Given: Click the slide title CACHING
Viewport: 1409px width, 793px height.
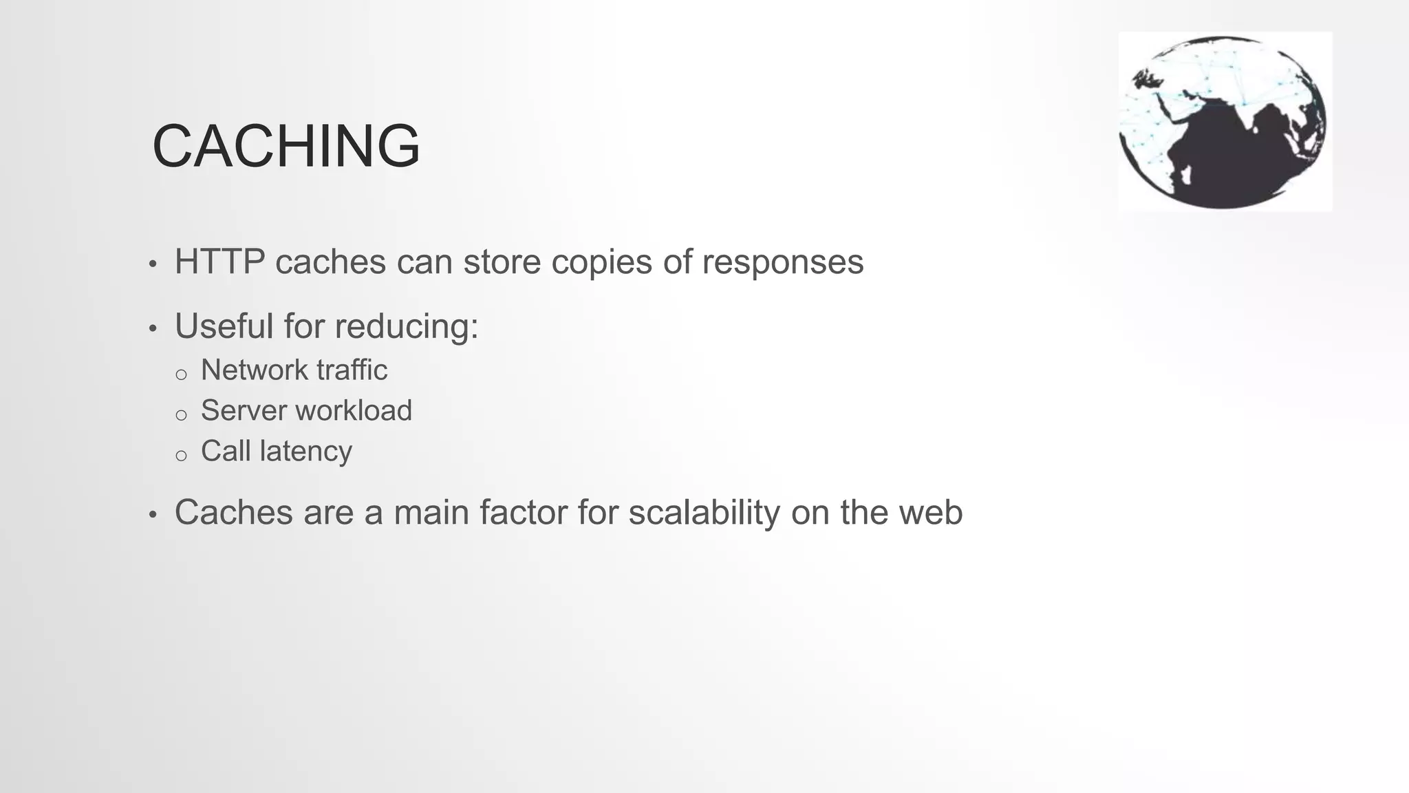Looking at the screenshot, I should coord(286,146).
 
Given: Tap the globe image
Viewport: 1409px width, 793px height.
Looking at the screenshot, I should coord(1224,122).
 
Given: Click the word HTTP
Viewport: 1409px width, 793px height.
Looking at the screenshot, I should coord(219,262).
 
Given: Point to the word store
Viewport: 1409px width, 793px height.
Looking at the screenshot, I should coord(502,262).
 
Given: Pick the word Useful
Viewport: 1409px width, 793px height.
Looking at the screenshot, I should coord(224,326).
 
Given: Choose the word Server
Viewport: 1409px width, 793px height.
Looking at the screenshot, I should coord(244,411).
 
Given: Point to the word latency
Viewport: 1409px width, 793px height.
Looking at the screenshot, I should coord(305,452).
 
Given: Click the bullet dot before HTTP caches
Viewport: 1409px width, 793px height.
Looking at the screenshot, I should coord(153,264).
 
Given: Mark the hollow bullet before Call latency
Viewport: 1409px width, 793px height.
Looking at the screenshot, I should coord(181,456).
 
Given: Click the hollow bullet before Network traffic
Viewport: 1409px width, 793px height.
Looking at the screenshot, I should coord(181,374).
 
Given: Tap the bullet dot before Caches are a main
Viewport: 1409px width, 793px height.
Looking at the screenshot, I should coord(153,515).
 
